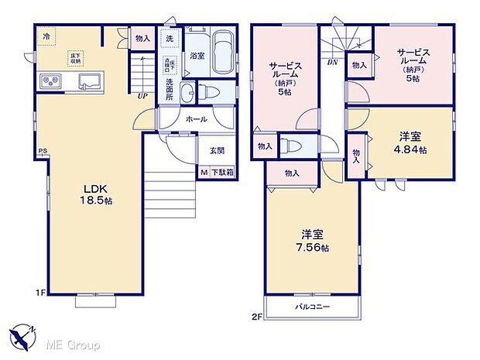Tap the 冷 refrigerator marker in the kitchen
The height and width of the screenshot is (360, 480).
(46, 36)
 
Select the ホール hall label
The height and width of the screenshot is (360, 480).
(196, 119)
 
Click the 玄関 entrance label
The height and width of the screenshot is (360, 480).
(214, 151)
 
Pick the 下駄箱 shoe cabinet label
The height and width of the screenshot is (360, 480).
(223, 173)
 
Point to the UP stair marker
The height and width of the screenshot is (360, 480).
(143, 97)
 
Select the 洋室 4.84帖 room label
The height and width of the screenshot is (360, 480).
(412, 144)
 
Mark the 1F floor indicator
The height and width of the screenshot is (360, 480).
(40, 293)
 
